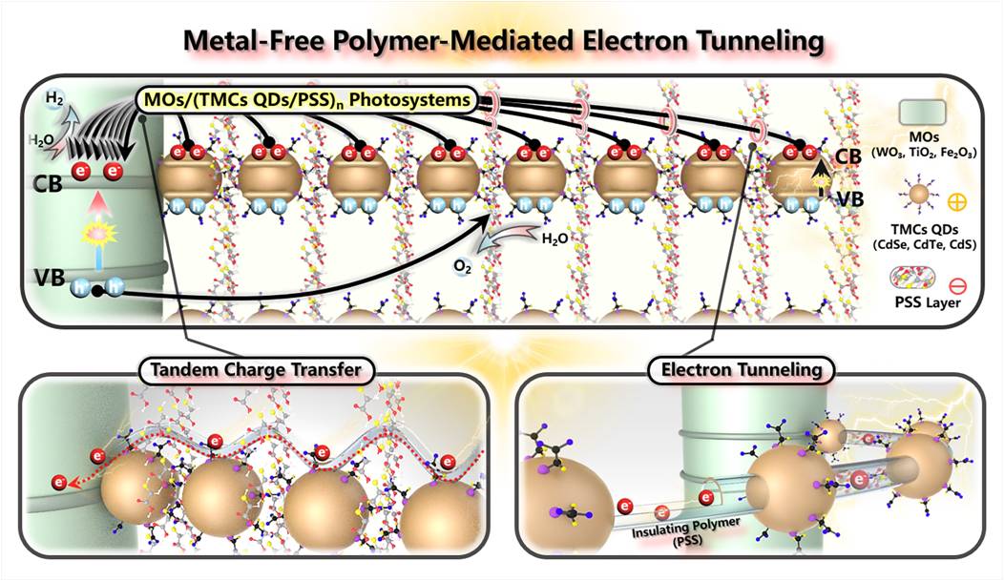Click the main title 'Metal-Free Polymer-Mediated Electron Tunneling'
point(501,42)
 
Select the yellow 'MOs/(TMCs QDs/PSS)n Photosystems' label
point(311,98)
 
